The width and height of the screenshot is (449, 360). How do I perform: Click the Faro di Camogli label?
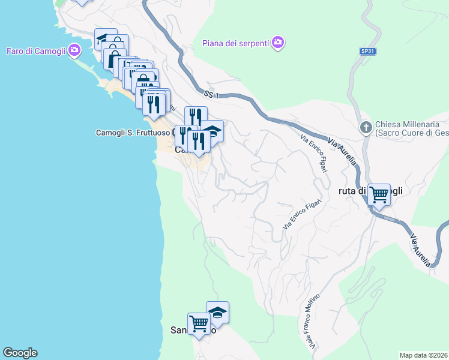[x=36, y=50]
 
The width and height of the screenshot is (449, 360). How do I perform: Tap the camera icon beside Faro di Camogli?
[x=74, y=50]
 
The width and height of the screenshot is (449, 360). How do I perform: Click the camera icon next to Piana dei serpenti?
[x=277, y=42]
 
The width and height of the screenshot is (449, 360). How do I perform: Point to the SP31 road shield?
[x=368, y=52]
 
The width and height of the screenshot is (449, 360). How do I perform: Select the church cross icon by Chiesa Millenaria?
[x=365, y=127]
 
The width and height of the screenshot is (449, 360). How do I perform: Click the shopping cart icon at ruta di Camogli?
[x=379, y=194]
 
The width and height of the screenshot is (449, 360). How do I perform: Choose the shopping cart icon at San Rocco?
[x=199, y=324]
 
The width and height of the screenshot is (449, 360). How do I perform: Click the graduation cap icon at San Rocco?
[x=217, y=313]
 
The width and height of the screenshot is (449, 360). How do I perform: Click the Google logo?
[x=20, y=353]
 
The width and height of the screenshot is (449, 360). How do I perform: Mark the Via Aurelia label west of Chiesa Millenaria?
[x=343, y=152]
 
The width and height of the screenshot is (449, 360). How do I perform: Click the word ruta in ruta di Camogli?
[x=349, y=191]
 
